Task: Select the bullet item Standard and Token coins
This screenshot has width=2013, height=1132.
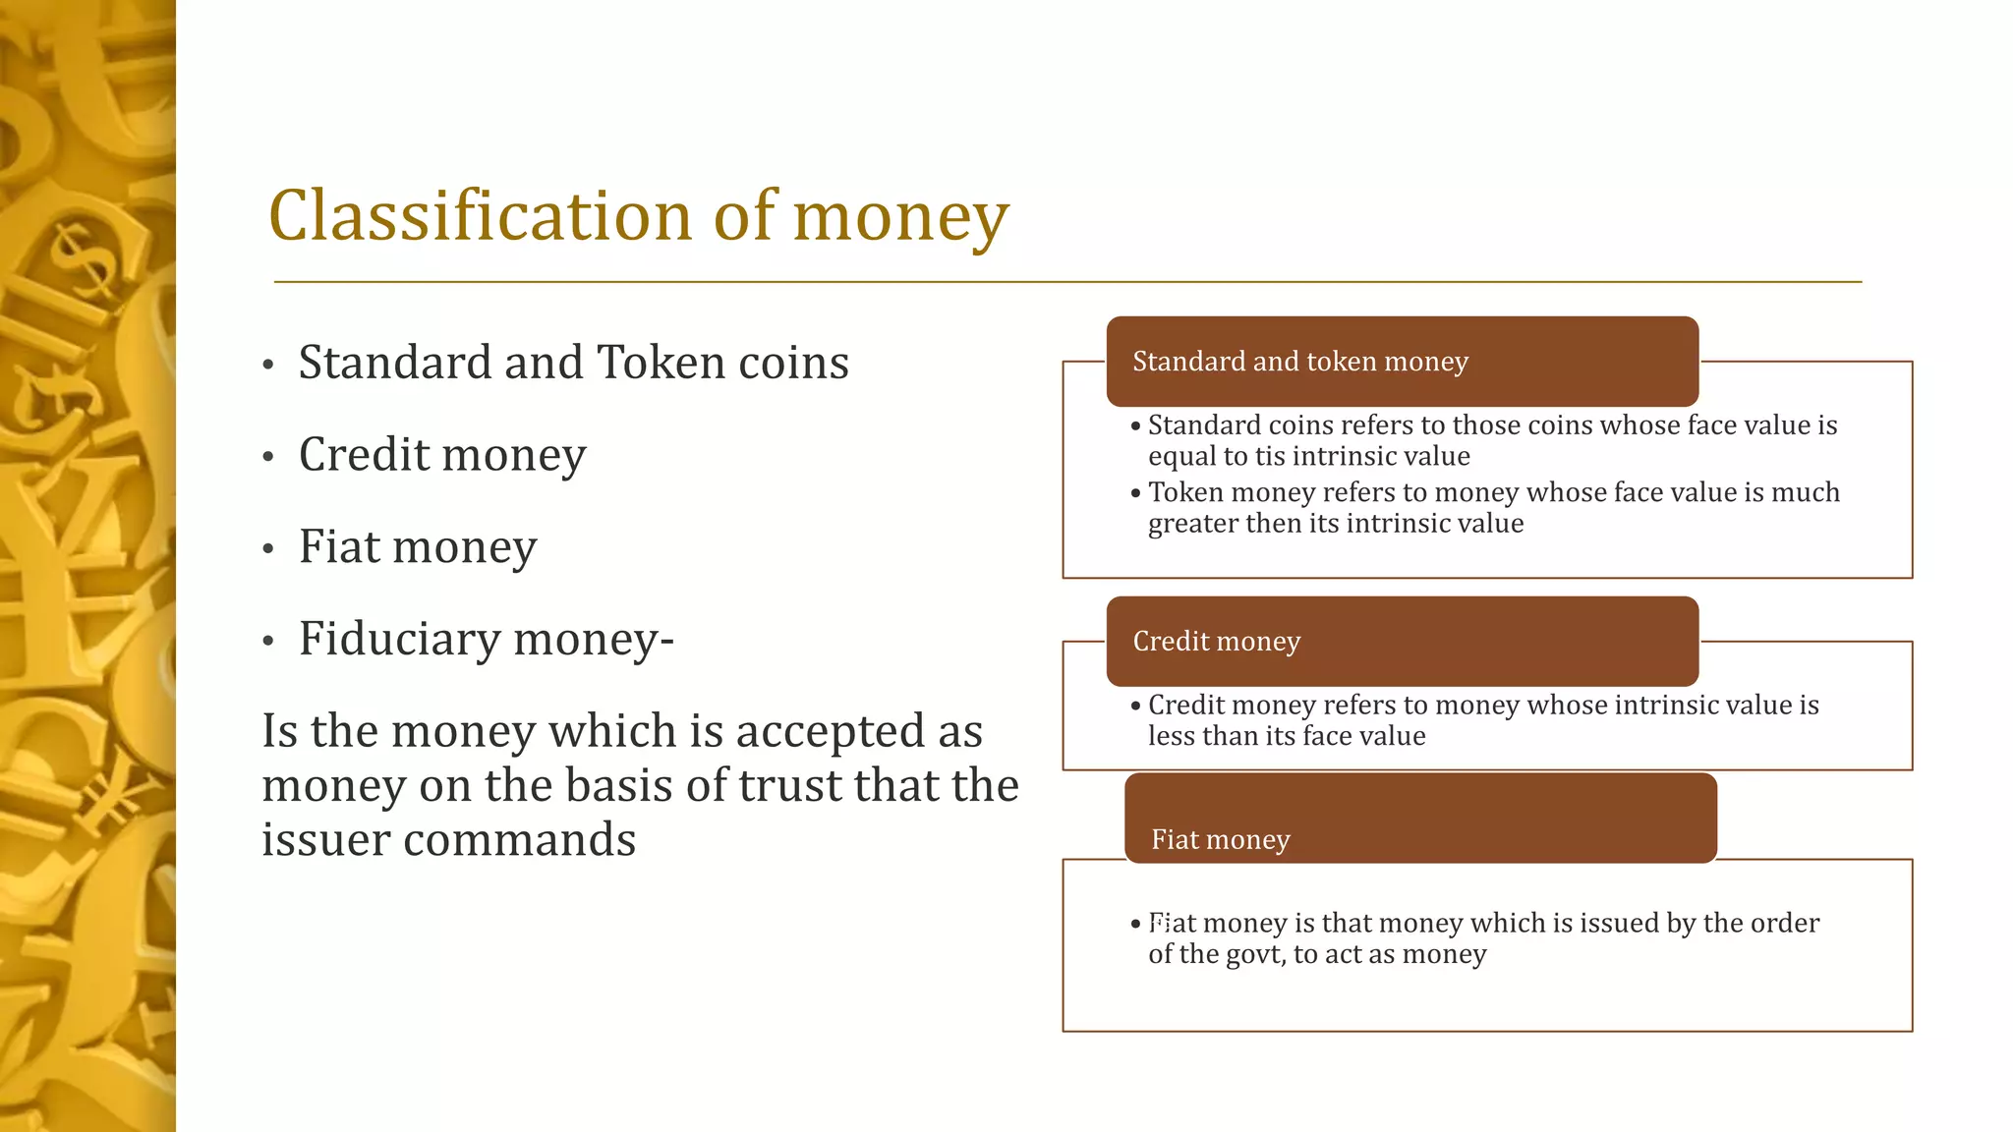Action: point(573,363)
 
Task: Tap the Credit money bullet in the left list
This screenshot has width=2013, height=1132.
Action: point(442,455)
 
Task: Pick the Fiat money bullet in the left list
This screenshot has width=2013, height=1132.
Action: point(418,547)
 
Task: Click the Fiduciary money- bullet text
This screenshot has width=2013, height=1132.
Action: point(486,640)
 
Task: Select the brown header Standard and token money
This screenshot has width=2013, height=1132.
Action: point(1402,362)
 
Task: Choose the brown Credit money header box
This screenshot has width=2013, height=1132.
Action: point(1402,641)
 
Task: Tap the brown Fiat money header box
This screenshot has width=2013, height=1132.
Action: point(1419,818)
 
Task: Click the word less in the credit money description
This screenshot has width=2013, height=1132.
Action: point(1167,736)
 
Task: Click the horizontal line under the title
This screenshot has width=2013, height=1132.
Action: point(1067,282)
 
